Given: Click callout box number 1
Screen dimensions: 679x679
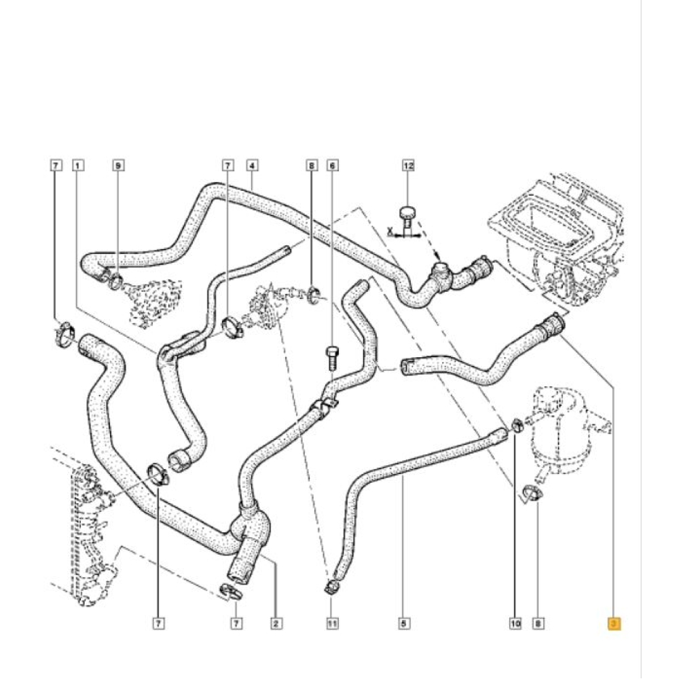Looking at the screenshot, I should tap(79, 165).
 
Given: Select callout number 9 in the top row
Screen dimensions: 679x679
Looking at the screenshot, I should tap(118, 165).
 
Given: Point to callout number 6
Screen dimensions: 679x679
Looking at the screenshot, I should tap(332, 165).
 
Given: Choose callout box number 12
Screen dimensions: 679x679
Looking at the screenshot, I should tap(408, 165).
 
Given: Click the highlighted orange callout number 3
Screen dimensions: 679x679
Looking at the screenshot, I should tap(613, 623).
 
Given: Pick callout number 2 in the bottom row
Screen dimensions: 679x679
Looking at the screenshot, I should tap(276, 623).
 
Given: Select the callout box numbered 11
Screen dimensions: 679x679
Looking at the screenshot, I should tap(332, 623).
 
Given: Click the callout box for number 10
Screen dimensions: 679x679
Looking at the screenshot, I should tap(515, 623).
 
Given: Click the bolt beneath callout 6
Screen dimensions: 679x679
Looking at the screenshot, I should tap(332, 357).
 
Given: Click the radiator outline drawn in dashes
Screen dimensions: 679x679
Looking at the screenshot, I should tap(85, 523).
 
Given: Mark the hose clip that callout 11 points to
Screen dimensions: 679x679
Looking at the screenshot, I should tap(332, 585).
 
